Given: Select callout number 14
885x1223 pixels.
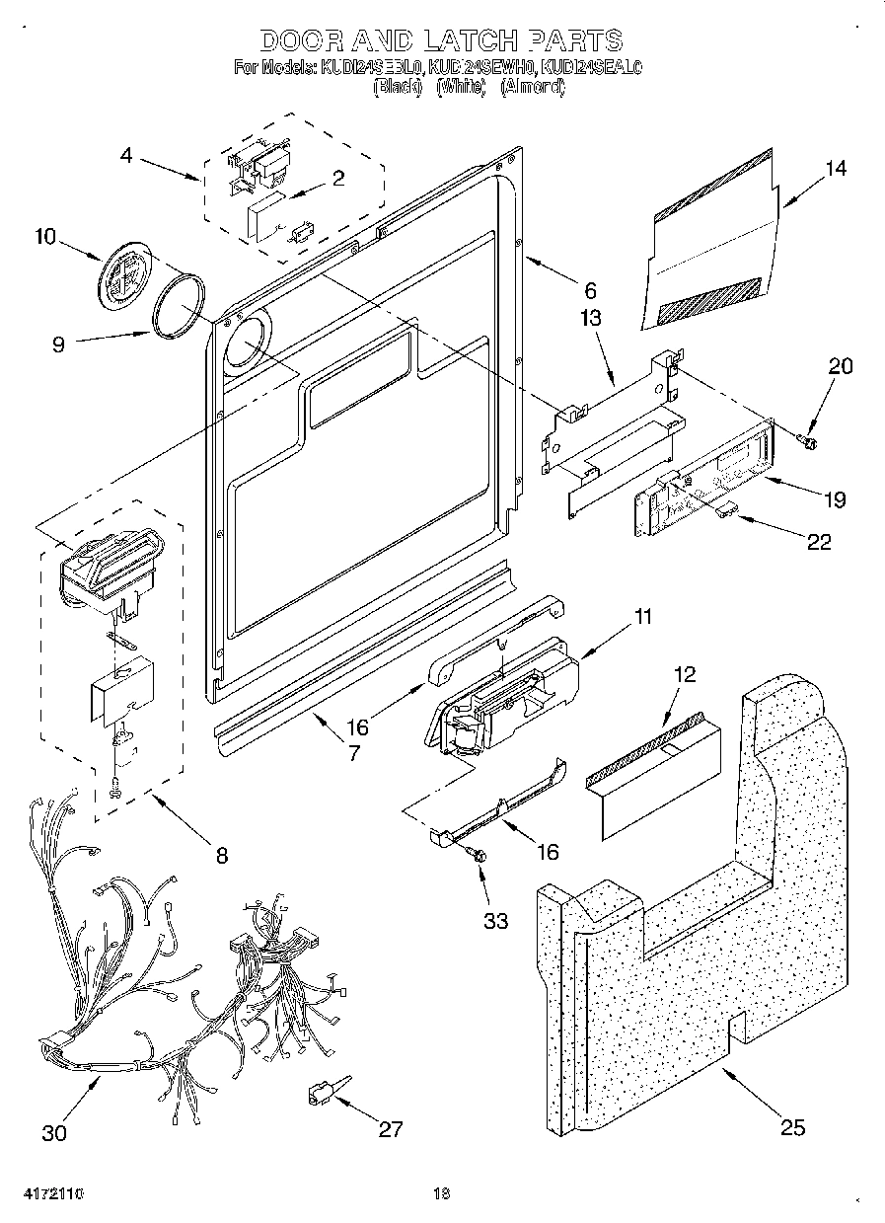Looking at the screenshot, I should tap(835, 169).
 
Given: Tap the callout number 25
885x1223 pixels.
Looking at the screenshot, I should tap(793, 1127).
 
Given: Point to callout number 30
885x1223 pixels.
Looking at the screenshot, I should tap(55, 1132).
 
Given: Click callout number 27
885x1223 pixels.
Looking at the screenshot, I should tap(391, 1129).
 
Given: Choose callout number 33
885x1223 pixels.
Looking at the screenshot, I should tap(495, 920).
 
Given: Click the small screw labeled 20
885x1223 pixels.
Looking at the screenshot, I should tap(806, 437).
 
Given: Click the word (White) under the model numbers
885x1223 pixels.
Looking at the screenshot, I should tap(461, 87).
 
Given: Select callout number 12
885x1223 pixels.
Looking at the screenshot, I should tap(684, 675).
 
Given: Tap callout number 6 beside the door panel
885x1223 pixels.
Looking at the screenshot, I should tap(590, 290).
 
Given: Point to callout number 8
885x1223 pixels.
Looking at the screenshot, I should tap(221, 855).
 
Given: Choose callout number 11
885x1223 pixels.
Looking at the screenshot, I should tap(642, 618).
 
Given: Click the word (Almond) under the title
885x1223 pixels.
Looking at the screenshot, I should tap(533, 87).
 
